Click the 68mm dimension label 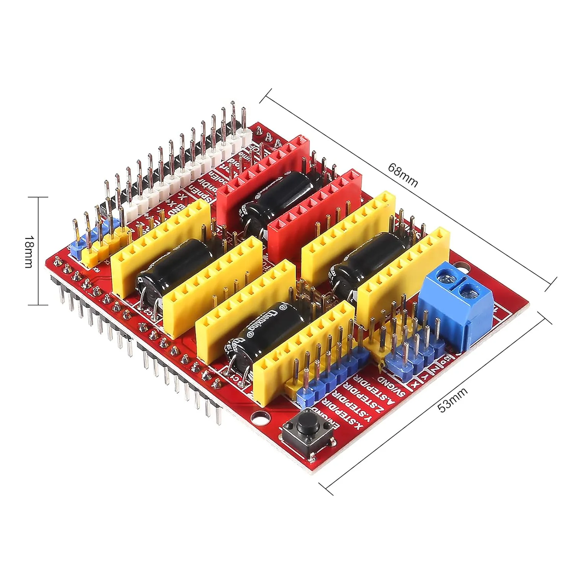tap(403, 175)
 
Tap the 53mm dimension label tap(452, 400)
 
